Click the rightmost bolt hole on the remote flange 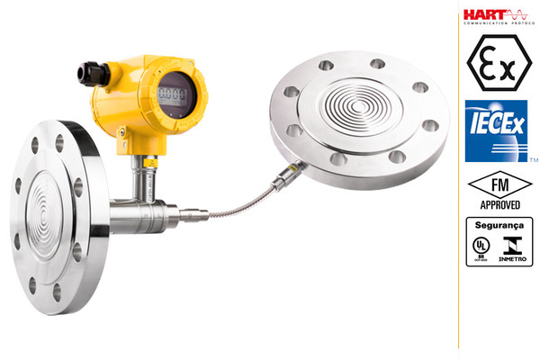tap(430, 125)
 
